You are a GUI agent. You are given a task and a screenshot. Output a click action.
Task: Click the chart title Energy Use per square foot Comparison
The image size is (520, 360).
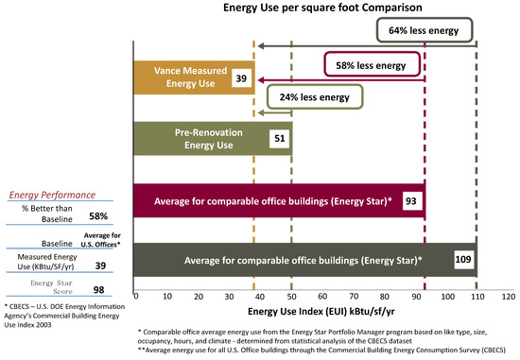pos(321,9)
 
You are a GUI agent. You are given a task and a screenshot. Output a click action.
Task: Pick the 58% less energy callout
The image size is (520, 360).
pos(371,65)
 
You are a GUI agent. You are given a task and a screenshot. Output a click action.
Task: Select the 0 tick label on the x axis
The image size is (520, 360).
pos(137,297)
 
